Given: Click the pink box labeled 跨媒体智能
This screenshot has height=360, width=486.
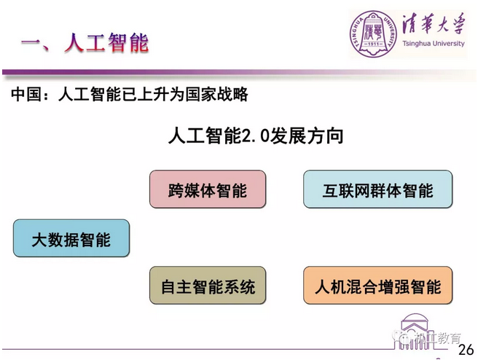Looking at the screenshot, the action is click(x=208, y=189).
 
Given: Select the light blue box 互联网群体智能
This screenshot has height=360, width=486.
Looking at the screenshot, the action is click(x=378, y=189).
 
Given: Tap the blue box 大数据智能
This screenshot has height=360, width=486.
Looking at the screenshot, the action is click(x=71, y=238).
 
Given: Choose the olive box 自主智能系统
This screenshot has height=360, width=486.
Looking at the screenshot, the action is click(x=208, y=285).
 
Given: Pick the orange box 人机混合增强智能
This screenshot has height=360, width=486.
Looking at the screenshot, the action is click(x=378, y=285).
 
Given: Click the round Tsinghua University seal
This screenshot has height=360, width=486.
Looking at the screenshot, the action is click(x=374, y=34).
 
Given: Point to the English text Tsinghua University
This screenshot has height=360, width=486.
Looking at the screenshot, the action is click(x=434, y=44).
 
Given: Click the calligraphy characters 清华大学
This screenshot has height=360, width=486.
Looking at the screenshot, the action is click(x=434, y=24).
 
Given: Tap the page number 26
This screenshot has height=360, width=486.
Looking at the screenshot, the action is click(x=466, y=350).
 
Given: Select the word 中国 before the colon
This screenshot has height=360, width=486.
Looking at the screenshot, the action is click(x=26, y=94).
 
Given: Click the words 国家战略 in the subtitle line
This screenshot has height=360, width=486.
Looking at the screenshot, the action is click(x=216, y=94).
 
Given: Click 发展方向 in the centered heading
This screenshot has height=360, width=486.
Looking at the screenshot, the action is click(x=306, y=136).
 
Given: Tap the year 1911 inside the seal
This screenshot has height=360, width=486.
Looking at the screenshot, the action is click(x=374, y=44).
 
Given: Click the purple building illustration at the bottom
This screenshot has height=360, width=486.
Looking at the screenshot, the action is click(x=414, y=331).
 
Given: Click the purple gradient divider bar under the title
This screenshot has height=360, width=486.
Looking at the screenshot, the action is click(x=239, y=73).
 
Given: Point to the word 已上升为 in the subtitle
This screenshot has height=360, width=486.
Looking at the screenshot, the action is click(x=154, y=94).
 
